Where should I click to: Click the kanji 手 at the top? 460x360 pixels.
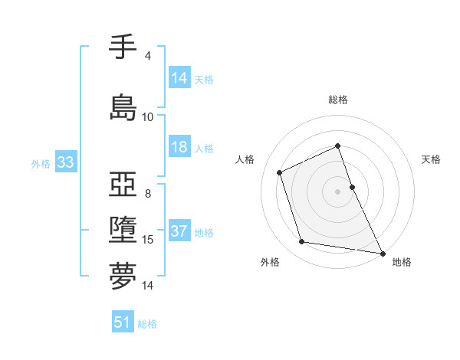pos(123,47)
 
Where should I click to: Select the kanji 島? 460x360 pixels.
pos(123,107)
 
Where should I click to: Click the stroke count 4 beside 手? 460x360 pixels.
pos(147,56)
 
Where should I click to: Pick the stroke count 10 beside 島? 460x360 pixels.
pos(147,117)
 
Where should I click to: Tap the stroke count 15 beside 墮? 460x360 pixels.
pos(149,240)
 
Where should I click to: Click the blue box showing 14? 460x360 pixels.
pos(179,78)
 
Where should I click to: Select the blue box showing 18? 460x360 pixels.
pos(179,147)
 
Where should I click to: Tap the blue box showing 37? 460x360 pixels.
pos(179,231)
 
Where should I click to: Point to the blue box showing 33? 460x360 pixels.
pos(65,162)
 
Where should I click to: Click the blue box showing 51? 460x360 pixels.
pos(123,322)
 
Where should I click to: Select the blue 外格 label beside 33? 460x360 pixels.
pos(41,164)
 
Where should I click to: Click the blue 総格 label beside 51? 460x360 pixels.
pos(147,324)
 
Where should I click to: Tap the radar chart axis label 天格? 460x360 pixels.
pos(432,159)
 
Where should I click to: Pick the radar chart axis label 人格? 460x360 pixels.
pos(245,159)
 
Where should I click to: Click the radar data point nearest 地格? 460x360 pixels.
pos(383,253)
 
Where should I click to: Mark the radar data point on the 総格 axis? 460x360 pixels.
pos(337,146)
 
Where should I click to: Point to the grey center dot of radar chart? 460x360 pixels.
pos(337,191)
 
